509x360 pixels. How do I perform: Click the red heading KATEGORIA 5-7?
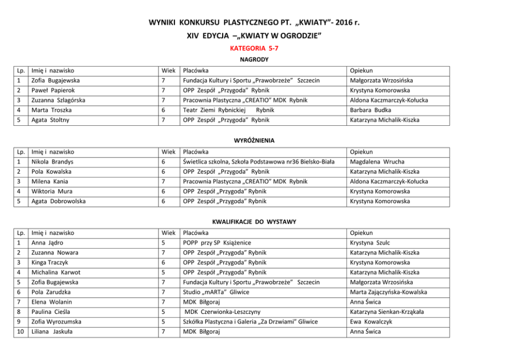(254, 48)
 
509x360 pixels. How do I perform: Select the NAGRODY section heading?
(254, 60)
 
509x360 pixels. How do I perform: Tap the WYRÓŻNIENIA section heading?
(254, 140)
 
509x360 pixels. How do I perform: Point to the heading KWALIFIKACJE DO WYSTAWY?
(254, 221)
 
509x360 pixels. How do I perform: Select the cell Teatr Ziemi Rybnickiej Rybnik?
(228, 110)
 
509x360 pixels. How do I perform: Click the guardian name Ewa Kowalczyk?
(371, 321)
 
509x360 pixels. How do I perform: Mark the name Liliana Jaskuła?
(52, 332)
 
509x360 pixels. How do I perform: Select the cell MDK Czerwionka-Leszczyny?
(222, 312)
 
